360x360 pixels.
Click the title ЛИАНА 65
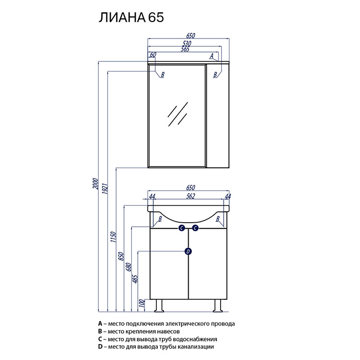click(131, 17)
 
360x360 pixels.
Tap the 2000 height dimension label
click(95, 184)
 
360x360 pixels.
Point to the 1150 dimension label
click(114, 237)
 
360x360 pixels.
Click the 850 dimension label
click(121, 256)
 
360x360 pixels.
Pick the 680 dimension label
click(129, 267)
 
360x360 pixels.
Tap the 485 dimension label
click(135, 279)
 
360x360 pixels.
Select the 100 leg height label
click(142, 303)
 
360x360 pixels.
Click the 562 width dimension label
click(191, 196)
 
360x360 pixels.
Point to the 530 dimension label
click(187, 43)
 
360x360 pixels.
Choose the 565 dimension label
click(185, 49)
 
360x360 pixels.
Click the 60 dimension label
click(153, 55)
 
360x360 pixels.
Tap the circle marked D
click(188, 251)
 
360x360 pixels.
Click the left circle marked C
click(182, 228)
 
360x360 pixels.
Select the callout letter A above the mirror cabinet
click(212, 56)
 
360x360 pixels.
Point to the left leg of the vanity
click(158, 305)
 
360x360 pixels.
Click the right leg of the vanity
click(218, 305)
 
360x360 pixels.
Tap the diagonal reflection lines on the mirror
click(178, 114)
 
